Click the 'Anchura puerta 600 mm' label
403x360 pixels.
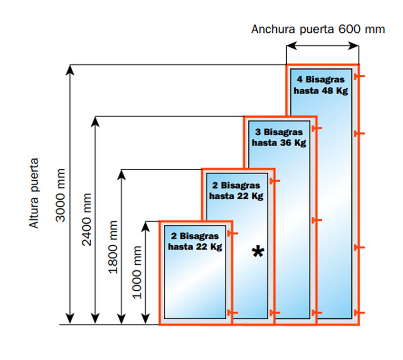click(x=318, y=29)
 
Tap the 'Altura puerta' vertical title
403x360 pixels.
click(x=34, y=193)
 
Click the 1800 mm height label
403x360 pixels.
click(x=113, y=247)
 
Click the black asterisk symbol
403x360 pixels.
click(x=258, y=252)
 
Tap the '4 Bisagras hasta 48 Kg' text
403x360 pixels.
click(x=322, y=84)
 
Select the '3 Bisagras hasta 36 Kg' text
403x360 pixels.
click(x=279, y=137)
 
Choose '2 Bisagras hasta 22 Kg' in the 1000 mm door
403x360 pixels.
click(x=195, y=241)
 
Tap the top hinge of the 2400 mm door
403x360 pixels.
click(x=317, y=128)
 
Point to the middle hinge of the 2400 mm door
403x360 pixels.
click(x=317, y=221)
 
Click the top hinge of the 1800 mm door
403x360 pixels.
click(x=275, y=181)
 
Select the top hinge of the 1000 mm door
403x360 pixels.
click(x=233, y=233)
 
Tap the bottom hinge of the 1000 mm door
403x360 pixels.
click(x=233, y=312)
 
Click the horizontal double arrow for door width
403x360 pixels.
click(x=322, y=46)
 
